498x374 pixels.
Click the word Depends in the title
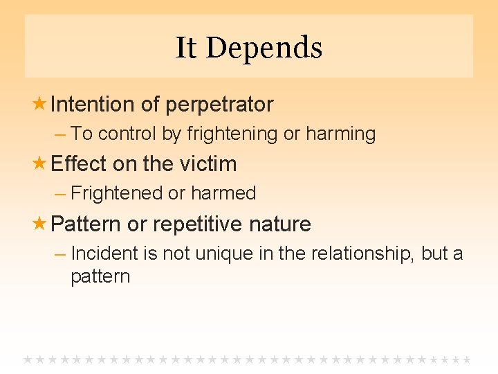pos(264,48)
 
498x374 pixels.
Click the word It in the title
pos(185,48)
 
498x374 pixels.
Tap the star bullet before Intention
pos(40,104)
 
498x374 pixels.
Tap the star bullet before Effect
pos(40,163)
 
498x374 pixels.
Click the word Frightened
pos(117,193)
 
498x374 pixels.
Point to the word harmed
pos(223,193)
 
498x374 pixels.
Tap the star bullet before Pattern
pos(40,224)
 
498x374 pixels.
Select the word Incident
pos(105,253)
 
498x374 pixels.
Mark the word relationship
pos(360,253)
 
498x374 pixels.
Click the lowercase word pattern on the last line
pos(100,276)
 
